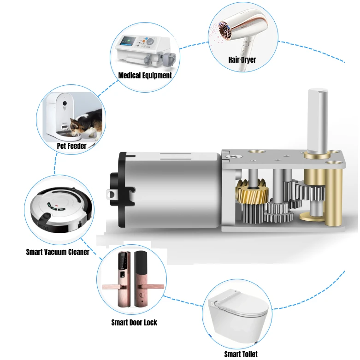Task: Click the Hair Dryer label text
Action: point(242,59)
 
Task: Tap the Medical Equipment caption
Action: point(145,75)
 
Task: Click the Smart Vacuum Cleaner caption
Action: point(58,252)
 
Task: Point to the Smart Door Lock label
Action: point(134,322)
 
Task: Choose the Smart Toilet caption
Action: point(241,354)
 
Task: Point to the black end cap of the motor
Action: point(121,189)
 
